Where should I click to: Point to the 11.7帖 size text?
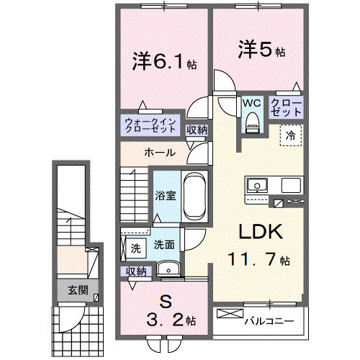click(259, 259)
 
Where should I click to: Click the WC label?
click(251, 103)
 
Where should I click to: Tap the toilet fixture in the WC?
click(251, 124)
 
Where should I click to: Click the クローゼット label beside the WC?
click(286, 108)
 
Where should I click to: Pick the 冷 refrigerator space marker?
click(292, 135)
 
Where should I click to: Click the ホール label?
click(158, 153)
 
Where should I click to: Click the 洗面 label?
click(163, 244)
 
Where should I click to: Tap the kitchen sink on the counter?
click(256, 186)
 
